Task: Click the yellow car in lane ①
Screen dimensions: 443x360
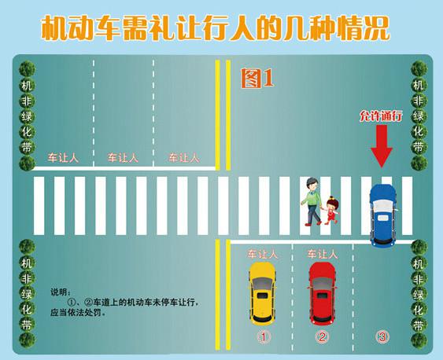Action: pos(261,294)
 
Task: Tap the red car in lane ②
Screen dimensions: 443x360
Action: pos(322,294)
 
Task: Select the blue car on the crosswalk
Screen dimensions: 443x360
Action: pos(383,216)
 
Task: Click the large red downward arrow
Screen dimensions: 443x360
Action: pos(382,146)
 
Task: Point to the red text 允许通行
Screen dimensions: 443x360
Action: pos(381,116)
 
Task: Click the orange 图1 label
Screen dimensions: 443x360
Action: pos(257,78)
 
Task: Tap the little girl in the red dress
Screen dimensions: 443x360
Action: pos(331,211)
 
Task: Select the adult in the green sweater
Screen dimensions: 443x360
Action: pos(312,201)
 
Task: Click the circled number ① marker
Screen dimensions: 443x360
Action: pos(264,336)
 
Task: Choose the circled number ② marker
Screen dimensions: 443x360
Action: pos(322,336)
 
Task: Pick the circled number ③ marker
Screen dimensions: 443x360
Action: pos(382,336)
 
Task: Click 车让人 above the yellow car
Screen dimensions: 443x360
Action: pos(263,254)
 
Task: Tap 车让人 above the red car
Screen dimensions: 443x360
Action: pos(323,254)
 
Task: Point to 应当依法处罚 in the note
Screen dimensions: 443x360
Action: pos(76,313)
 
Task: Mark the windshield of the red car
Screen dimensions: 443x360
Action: pos(322,283)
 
